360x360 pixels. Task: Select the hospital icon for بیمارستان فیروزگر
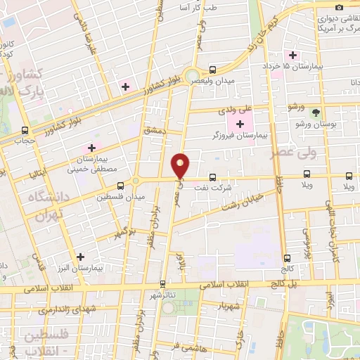click(240, 124)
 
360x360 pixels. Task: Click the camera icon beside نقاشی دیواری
click(340, 7)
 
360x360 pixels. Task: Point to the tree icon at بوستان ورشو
click(316, 112)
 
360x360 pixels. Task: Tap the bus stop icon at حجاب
click(26, 130)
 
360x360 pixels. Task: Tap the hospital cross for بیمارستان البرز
click(81, 257)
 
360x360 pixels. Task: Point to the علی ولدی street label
click(235, 108)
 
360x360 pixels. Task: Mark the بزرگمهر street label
click(124, 231)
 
